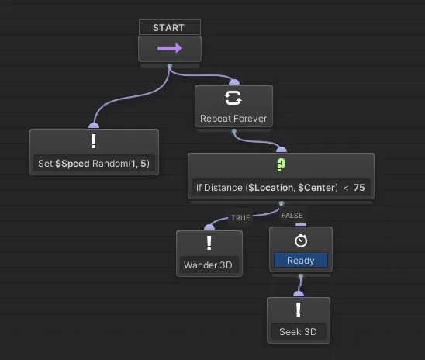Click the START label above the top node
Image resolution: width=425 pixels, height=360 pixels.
coord(169,27)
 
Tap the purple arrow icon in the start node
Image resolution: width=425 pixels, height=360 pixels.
coord(169,48)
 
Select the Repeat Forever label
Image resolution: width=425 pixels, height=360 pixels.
coord(233,119)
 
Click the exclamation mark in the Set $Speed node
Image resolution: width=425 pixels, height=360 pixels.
coord(94,142)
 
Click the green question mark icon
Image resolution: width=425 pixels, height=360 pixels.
coord(281,165)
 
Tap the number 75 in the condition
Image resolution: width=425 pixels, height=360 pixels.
coord(359,187)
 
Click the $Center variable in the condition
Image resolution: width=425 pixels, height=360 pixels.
coord(312,187)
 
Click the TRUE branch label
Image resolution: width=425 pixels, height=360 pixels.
coord(240,218)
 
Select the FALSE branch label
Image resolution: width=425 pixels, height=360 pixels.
coord(292,216)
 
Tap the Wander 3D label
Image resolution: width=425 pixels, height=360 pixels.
coord(209,265)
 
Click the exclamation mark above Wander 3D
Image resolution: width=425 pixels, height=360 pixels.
coord(209,244)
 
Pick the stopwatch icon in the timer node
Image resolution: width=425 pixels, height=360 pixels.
coord(300,241)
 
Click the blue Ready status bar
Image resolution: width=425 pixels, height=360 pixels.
coord(300,261)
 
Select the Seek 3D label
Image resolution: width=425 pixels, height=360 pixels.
coord(299,332)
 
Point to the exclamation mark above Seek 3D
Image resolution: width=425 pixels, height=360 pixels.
coord(299,311)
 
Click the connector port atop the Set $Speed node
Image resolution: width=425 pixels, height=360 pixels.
coord(94,125)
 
